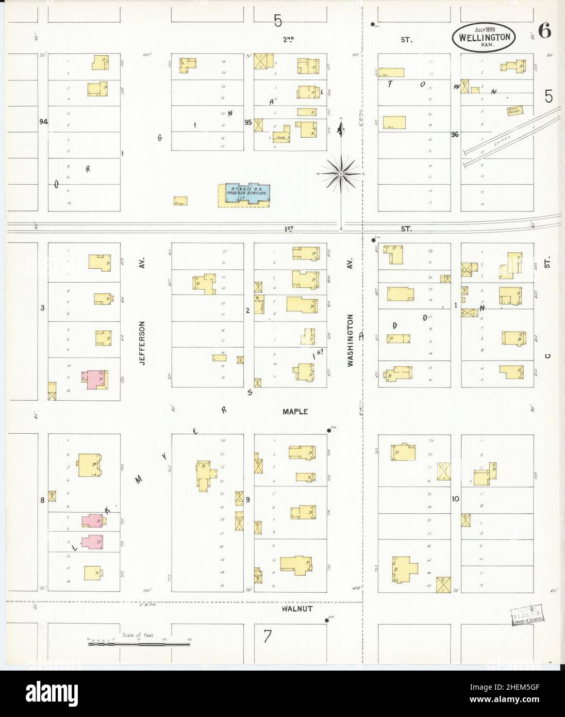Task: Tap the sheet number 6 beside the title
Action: pos(544,31)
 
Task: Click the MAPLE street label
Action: pos(295,412)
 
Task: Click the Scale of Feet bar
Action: pos(140,643)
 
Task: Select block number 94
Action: pos(43,122)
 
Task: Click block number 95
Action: pos(248,122)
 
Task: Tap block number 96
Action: pos(454,135)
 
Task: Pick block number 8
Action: pos(42,499)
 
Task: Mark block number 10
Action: pos(455,499)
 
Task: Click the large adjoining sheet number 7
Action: pos(267,637)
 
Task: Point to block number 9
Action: pos(248,499)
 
